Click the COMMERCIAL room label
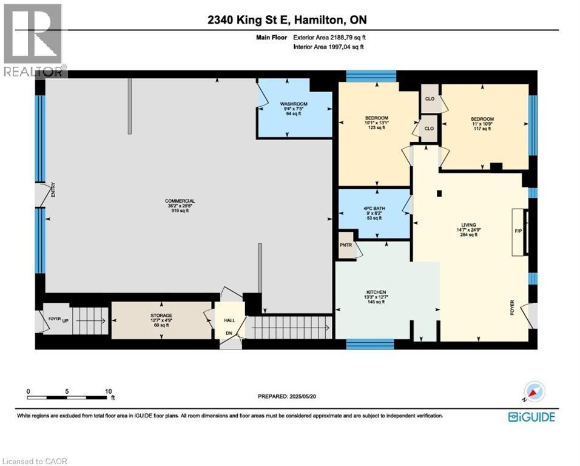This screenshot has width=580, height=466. click(180, 201)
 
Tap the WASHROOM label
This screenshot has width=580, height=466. click(294, 104)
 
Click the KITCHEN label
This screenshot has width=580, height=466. click(376, 292)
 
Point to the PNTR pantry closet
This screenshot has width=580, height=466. click(346, 245)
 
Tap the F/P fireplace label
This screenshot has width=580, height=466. click(518, 232)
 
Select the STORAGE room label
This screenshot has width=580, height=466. click(161, 316)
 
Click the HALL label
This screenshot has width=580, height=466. click(229, 320)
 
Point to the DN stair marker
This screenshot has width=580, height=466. click(229, 333)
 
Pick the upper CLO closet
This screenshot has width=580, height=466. click(430, 99)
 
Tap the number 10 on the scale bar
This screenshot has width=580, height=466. click(108, 391)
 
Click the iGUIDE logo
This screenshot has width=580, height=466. click(531, 416)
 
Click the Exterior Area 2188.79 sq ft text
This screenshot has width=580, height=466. click(329, 38)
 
